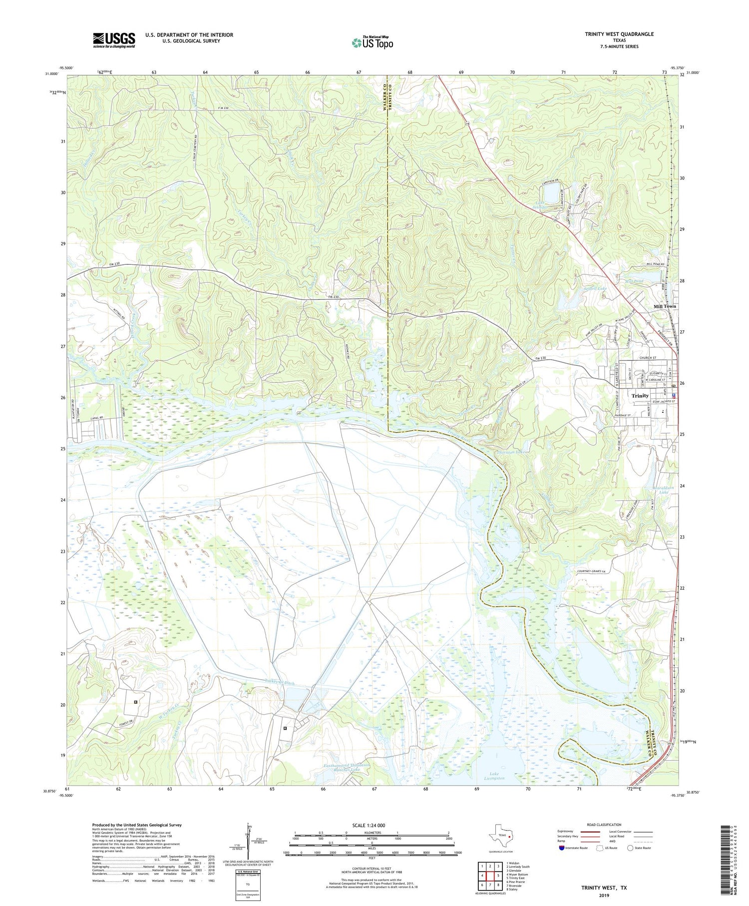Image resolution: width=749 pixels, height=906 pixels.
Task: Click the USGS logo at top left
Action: (114, 40)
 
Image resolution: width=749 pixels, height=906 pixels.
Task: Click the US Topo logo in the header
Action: (372, 43)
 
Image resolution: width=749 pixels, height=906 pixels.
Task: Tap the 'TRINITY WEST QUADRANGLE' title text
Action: (619, 34)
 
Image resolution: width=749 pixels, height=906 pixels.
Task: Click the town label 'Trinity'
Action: (640, 396)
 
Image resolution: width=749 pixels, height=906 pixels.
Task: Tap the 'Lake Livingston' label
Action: (494, 776)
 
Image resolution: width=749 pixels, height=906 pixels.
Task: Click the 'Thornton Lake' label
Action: (510, 452)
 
